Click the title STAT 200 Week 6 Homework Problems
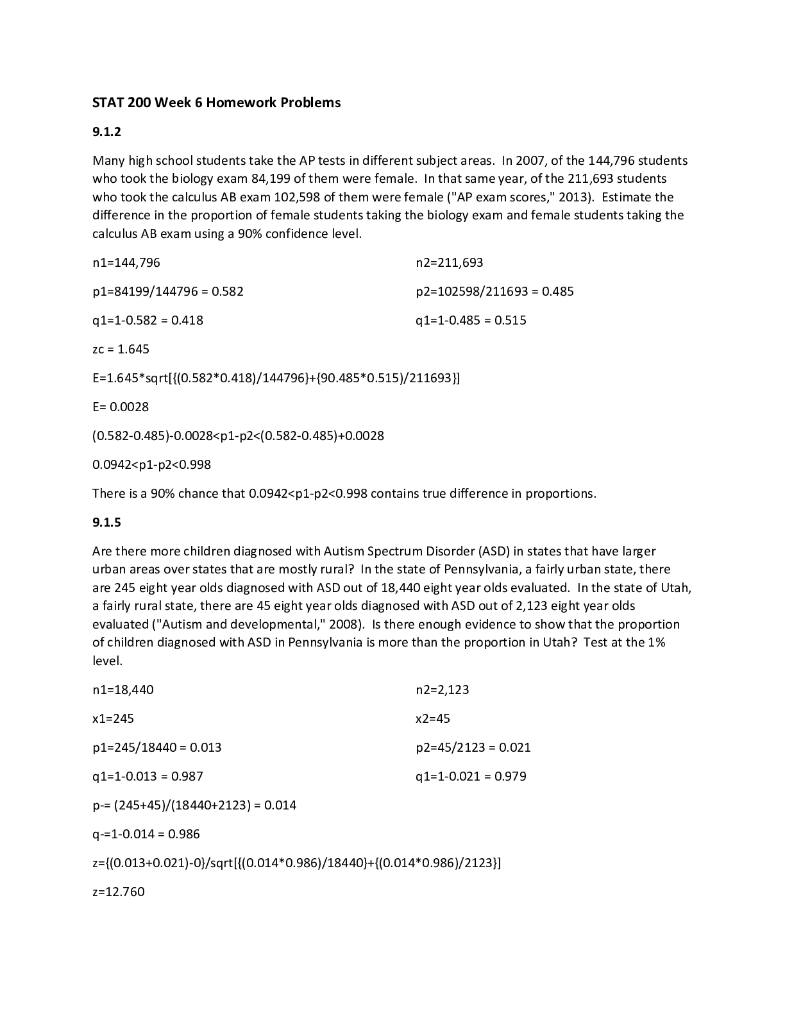216,103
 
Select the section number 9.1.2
106,132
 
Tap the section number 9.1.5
106,522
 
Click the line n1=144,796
126,262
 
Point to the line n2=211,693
450,262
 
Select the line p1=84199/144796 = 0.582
168,291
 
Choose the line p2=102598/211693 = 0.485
494,291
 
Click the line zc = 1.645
121,349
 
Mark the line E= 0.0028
121,407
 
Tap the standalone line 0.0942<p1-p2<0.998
151,464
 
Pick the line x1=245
113,718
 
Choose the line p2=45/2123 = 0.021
473,747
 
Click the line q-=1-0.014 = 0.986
146,834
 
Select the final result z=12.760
119,892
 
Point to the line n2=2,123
443,690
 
